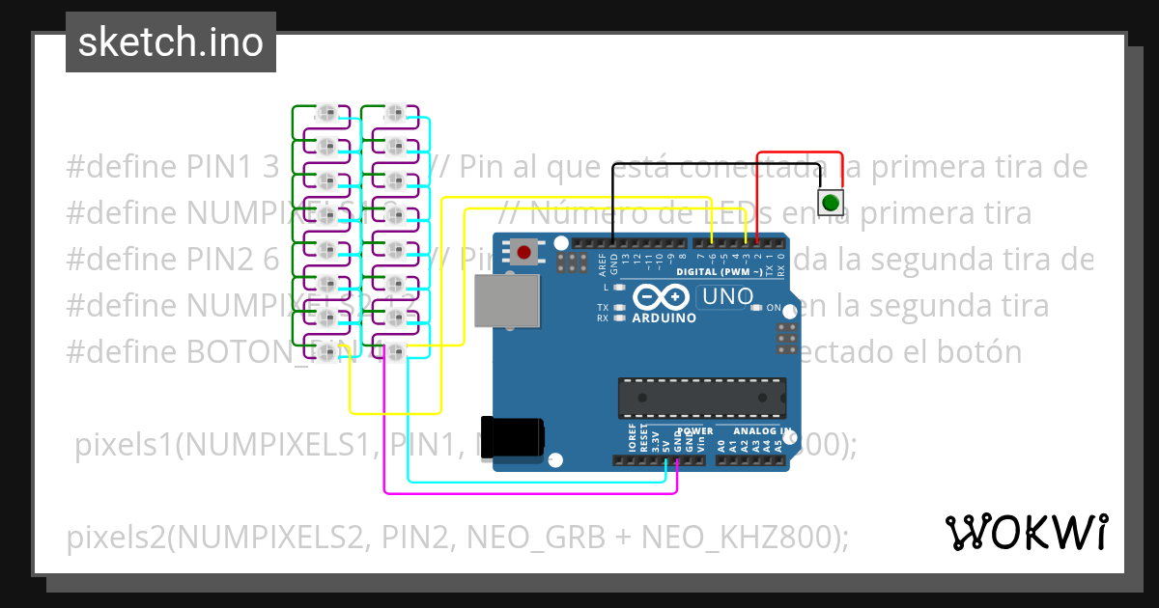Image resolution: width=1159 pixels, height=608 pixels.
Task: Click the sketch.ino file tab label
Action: pyautogui.click(x=170, y=42)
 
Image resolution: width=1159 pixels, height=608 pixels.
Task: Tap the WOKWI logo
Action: pyautogui.click(x=1026, y=532)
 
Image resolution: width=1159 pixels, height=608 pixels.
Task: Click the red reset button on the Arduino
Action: pyautogui.click(x=523, y=254)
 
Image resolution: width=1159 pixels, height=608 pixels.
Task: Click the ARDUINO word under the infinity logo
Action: pyautogui.click(x=664, y=317)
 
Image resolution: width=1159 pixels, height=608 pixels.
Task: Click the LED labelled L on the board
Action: pyautogui.click(x=619, y=288)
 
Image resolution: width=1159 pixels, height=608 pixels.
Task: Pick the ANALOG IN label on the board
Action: pyautogui.click(x=762, y=431)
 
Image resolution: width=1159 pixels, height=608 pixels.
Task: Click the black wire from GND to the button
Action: pyautogui.click(x=715, y=165)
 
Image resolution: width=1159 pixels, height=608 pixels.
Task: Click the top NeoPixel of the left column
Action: pyautogui.click(x=327, y=114)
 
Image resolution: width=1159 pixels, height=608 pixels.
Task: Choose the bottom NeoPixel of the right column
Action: pyautogui.click(x=394, y=350)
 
